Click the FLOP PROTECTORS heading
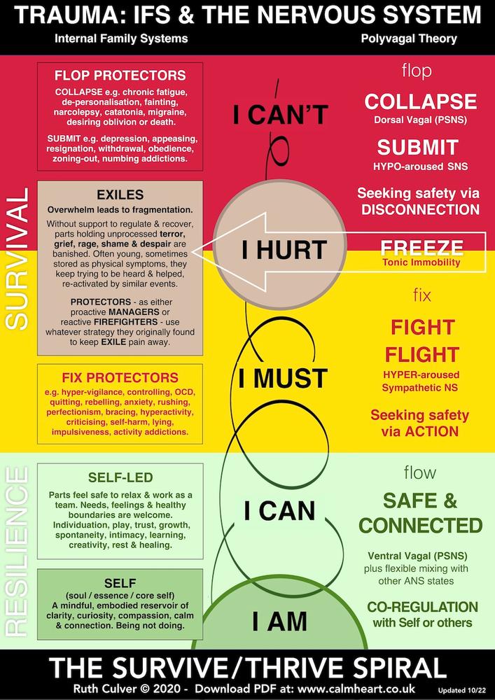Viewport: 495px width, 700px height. (120, 75)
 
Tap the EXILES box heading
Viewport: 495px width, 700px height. (120, 195)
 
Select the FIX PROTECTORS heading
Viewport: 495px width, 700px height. (120, 377)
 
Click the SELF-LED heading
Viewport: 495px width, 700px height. (120, 477)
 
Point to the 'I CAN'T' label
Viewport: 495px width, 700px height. (281, 115)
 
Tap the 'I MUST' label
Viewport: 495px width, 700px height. (283, 379)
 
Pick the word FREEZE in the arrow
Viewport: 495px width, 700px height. (421, 248)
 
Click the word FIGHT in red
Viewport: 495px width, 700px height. (422, 327)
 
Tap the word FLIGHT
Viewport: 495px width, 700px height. (422, 355)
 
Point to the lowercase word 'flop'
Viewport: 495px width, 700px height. (417, 71)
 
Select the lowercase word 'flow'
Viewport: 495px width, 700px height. (420, 472)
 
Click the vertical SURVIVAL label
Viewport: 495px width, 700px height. (18, 259)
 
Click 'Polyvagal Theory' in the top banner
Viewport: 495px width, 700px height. (409, 38)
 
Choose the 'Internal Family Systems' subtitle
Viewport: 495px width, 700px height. (121, 38)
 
